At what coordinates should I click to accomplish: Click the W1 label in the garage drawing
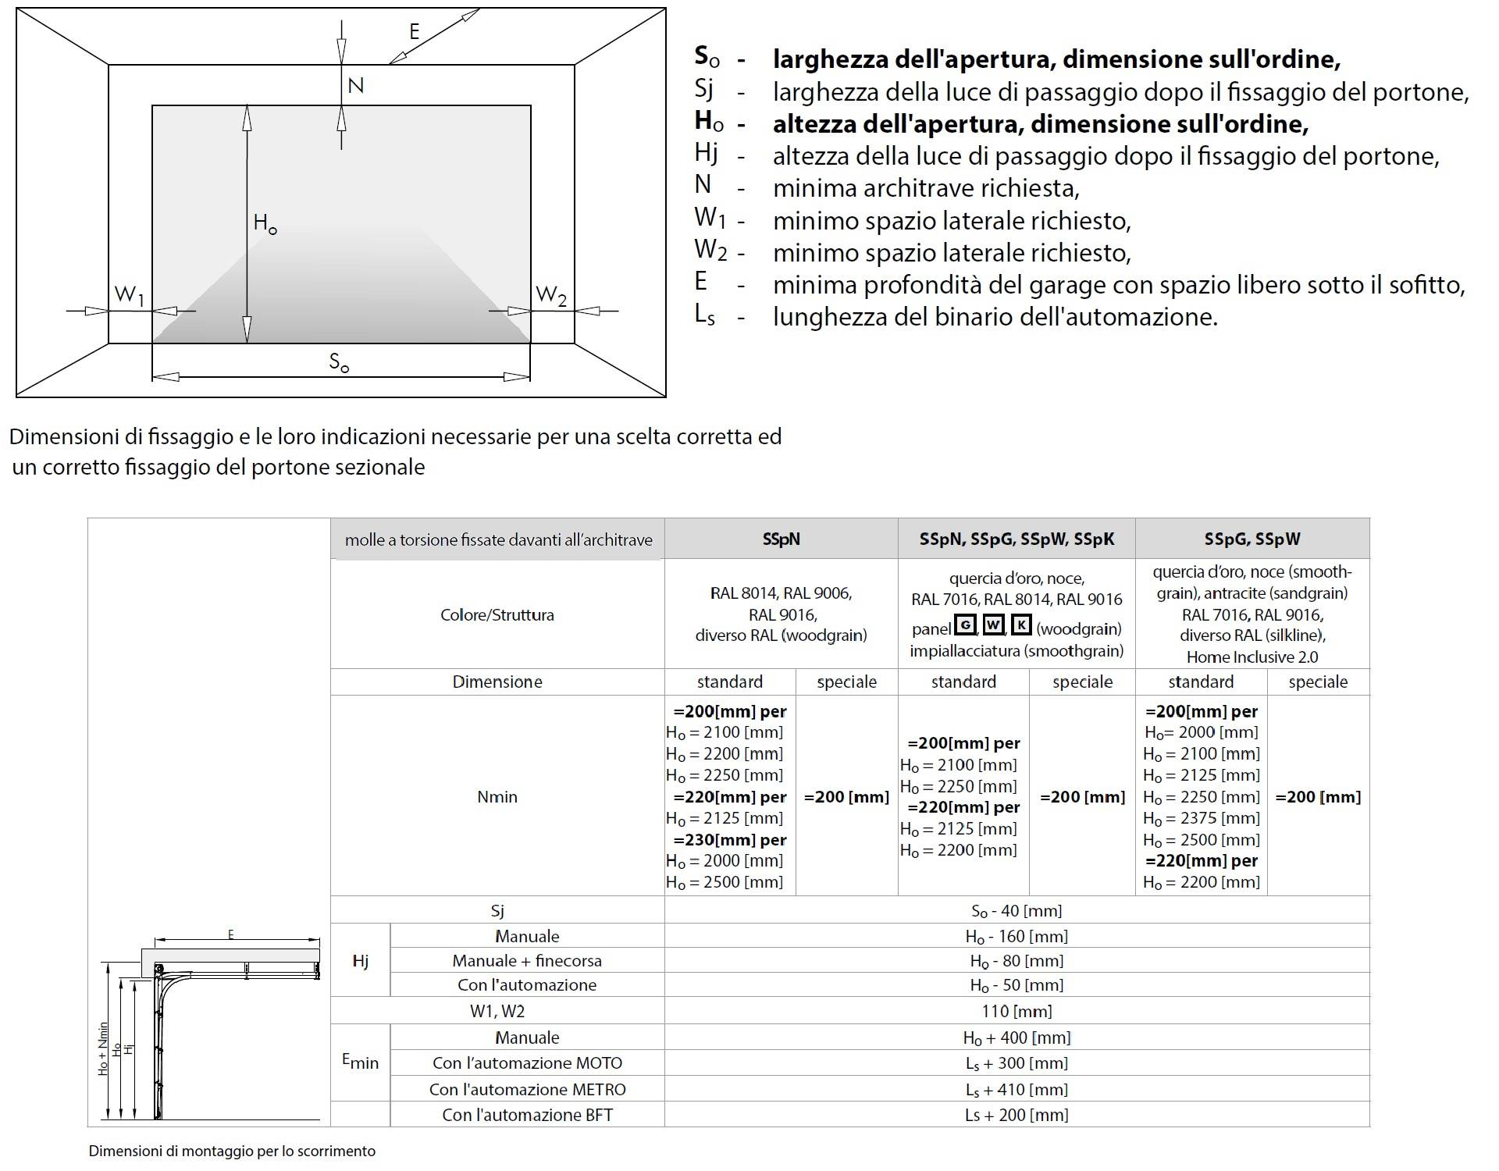click(130, 295)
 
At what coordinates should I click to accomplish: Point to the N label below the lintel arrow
click(355, 85)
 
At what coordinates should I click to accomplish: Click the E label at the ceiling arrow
click(415, 31)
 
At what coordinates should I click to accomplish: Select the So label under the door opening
click(339, 362)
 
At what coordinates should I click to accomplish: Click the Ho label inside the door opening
click(265, 223)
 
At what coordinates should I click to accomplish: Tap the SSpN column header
click(781, 539)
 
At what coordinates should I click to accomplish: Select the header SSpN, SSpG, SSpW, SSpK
click(1017, 539)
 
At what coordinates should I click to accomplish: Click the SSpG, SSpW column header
click(1252, 539)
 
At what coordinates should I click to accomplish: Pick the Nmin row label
click(497, 796)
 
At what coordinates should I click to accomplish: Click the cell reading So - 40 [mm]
click(1017, 910)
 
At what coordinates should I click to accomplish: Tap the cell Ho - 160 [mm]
click(1017, 936)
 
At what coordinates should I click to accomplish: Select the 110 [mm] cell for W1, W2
click(1017, 1011)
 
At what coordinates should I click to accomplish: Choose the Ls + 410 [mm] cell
click(1017, 1089)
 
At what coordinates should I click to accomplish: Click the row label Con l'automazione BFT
click(527, 1115)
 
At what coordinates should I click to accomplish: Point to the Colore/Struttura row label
click(497, 614)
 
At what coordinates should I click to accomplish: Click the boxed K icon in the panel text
click(1021, 625)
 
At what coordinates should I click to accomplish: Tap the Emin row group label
click(360, 1061)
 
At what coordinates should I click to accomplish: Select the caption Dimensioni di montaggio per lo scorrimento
click(232, 1151)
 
